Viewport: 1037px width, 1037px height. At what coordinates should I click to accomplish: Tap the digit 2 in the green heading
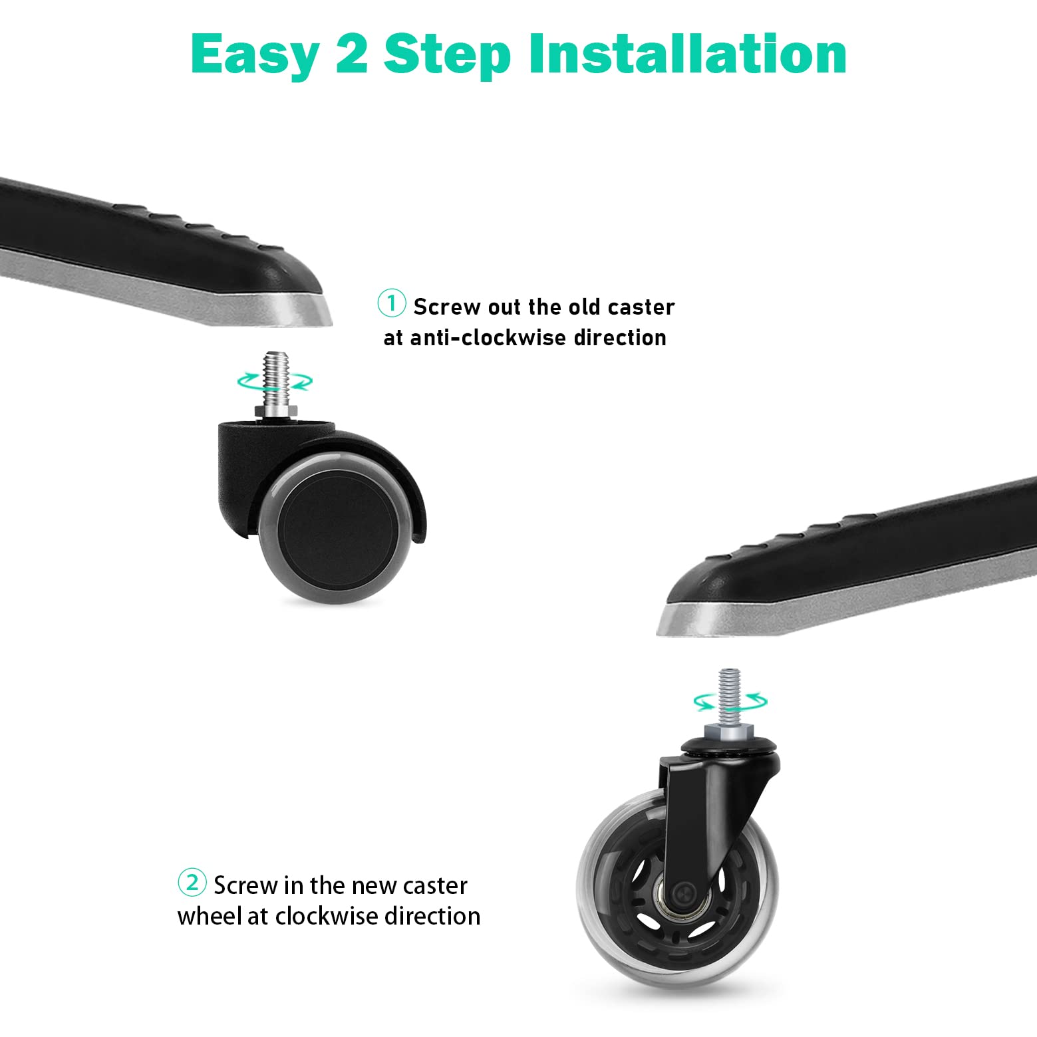[352, 53]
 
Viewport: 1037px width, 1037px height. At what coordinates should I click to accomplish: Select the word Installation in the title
[687, 53]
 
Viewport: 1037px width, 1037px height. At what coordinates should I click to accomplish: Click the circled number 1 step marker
[392, 303]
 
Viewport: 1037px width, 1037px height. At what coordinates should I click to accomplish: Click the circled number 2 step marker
[192, 883]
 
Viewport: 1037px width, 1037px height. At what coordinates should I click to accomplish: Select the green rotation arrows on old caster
[275, 381]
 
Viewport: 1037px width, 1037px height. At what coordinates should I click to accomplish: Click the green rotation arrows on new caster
[730, 700]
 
